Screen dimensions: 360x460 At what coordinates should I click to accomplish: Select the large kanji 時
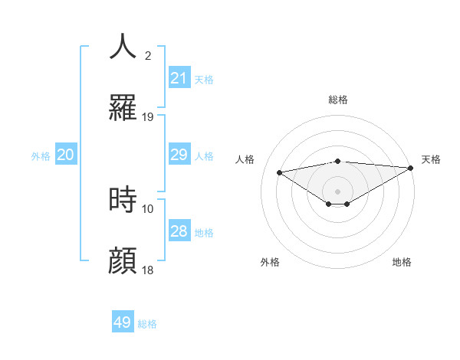point(123,199)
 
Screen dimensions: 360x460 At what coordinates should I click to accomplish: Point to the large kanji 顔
point(123,260)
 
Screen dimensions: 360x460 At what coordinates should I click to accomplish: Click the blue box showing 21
point(179,77)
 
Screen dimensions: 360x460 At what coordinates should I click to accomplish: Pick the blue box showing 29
point(179,155)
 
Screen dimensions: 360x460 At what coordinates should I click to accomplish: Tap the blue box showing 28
point(179,231)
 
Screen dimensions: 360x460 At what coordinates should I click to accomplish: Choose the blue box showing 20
point(66,155)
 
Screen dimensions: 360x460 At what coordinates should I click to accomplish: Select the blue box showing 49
point(123,322)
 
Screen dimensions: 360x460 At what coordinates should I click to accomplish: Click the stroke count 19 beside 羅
point(148,117)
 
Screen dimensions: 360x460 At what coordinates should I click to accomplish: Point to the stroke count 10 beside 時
point(148,208)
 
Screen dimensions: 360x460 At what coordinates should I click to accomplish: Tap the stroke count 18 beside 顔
point(148,270)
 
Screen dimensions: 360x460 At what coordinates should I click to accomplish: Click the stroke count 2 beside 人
point(148,55)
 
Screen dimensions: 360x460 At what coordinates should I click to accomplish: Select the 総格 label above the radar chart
point(338,100)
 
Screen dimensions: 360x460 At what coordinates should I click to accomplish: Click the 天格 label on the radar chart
point(431,159)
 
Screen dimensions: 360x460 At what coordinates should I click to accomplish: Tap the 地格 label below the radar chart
point(402,262)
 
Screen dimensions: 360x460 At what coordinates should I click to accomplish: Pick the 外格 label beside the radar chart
point(270,262)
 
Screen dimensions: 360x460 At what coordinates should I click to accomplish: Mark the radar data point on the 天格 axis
point(412,167)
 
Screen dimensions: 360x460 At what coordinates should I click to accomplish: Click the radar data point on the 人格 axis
point(280,172)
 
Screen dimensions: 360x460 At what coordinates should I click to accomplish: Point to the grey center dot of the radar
point(338,191)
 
